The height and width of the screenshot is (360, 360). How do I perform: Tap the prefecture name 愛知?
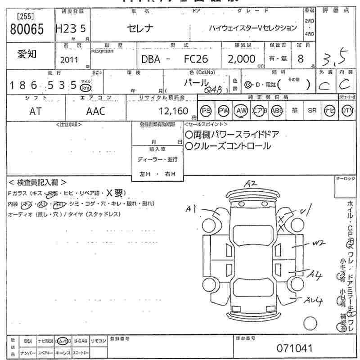27,54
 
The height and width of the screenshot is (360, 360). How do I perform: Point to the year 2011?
69,59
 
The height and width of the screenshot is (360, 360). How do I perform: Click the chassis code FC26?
196,59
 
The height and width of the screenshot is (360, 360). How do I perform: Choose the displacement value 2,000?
241,59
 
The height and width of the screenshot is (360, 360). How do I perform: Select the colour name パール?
196,83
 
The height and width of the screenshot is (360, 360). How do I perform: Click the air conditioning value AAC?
95,111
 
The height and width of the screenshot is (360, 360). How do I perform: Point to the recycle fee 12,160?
173,111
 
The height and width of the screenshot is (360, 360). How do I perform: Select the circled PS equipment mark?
206,111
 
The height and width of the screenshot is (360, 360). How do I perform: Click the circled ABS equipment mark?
277,111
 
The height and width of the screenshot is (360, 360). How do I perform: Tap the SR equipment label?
312,111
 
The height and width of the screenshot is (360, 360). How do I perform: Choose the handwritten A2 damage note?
250,184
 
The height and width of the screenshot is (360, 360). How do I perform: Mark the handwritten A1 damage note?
192,208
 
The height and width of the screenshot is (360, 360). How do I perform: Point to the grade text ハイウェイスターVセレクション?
253,28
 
